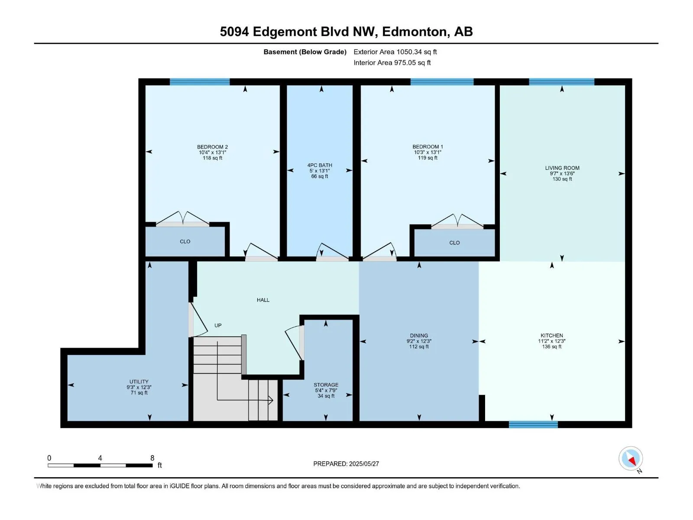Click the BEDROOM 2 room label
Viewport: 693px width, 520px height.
[212, 147]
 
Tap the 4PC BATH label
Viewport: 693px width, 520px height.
[320, 165]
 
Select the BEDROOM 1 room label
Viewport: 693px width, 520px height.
[427, 147]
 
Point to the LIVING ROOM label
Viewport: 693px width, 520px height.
[562, 168]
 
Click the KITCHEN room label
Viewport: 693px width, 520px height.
[551, 335]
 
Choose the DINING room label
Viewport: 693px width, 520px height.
[419, 335]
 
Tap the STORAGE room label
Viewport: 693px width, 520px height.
[326, 385]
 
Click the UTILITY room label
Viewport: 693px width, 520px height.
[139, 382]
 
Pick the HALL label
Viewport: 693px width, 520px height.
[263, 300]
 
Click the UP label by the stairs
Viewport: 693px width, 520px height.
[218, 325]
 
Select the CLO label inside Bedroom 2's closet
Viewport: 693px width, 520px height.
[185, 241]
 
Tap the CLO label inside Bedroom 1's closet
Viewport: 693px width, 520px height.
[454, 243]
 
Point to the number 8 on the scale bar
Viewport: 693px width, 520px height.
[152, 458]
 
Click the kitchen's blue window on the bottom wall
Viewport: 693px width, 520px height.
[533, 424]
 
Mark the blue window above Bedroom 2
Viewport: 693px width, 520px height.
[200, 82]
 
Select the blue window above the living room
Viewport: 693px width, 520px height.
[561, 82]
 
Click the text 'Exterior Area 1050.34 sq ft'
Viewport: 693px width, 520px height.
[395, 52]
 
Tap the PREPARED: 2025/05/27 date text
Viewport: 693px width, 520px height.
[346, 464]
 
